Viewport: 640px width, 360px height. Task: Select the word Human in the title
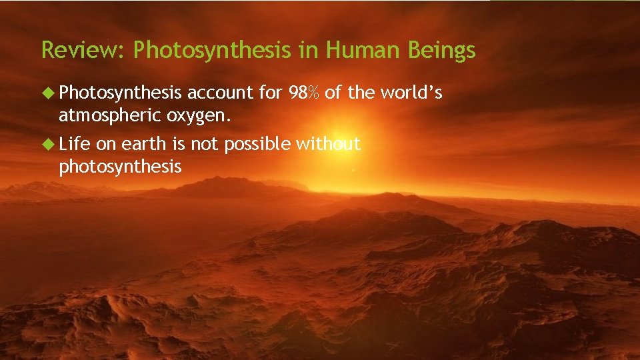tap(357, 50)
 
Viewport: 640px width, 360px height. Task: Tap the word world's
tap(415, 94)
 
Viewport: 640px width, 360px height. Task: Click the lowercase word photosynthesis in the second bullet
tap(120, 167)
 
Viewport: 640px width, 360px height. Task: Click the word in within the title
tap(307, 50)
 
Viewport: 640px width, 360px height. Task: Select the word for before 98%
tap(270, 94)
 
